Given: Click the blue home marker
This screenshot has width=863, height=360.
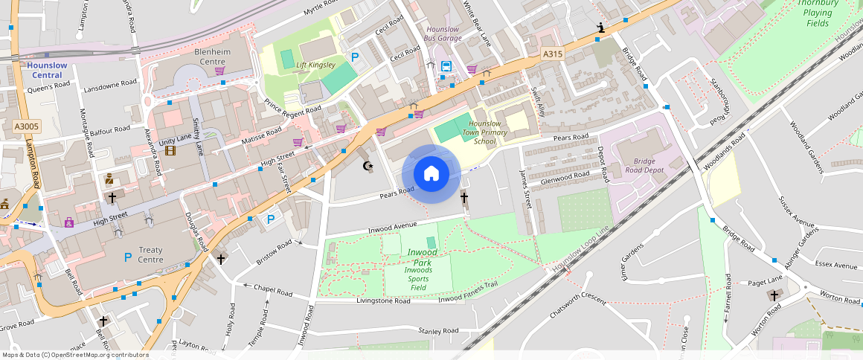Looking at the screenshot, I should point(431,174).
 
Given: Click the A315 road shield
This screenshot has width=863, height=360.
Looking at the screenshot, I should point(552,54).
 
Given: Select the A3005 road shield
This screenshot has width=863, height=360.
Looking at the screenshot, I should point(26,127).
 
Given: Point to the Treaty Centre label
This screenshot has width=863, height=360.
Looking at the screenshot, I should point(150,255).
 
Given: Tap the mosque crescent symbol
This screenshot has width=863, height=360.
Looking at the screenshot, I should point(366,166).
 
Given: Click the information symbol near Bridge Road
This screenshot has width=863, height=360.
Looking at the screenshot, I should point(600,28).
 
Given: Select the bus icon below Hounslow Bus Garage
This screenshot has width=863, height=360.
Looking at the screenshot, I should point(446,66).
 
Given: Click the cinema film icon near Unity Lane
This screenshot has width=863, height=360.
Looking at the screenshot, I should point(171,151).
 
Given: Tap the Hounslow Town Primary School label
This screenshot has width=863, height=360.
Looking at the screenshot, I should point(484,132).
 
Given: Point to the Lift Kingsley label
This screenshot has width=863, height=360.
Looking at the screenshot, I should point(316,65).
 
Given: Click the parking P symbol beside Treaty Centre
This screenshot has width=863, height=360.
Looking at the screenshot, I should point(128,257).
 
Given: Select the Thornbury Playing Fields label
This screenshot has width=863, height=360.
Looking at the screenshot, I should point(818,13).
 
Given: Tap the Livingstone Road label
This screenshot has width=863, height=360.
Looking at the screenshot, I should point(383,301).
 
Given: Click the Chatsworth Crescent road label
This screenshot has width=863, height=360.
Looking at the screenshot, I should point(577,308).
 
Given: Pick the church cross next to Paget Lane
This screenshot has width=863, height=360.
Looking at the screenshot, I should point(774,296).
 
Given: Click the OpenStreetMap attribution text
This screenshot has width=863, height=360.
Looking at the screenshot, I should point(75,355).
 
